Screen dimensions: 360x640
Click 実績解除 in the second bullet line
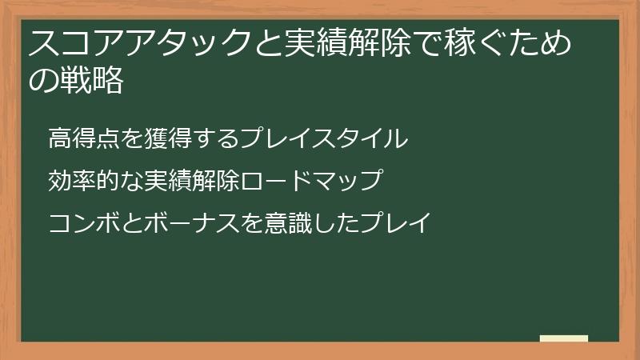193,181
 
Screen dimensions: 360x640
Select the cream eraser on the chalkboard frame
564,338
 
